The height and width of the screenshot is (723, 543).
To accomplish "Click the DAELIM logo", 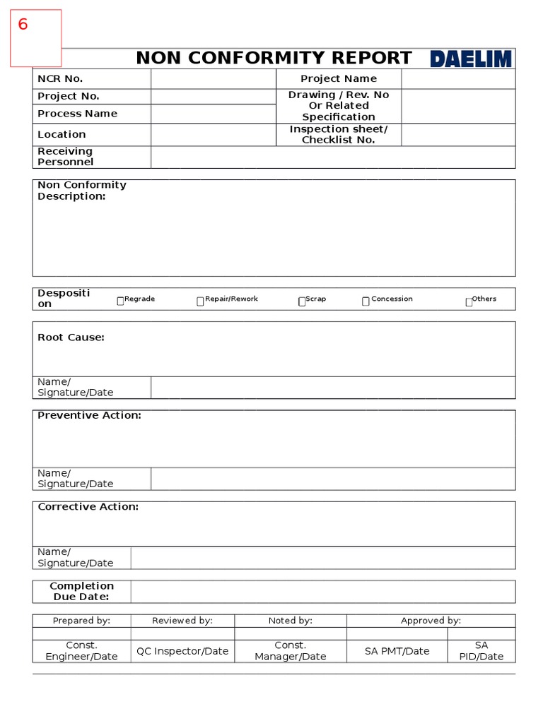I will coord(470,59).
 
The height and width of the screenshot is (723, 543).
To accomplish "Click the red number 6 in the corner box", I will coord(23,25).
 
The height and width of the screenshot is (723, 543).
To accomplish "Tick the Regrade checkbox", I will coord(120,301).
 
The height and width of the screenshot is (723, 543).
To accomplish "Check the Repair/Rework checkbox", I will coord(201,301).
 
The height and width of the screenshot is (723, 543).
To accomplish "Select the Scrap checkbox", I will coord(302,301).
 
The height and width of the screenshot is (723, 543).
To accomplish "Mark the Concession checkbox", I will coord(366,301).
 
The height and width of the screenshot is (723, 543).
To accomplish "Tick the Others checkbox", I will coord(469,301).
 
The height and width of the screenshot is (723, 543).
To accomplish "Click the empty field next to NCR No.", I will coord(213,79).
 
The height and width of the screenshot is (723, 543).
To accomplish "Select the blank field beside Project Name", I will coord(458,79).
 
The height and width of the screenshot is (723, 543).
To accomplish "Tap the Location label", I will coord(62,134).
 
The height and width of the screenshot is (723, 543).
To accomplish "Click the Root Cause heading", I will coord(71,337).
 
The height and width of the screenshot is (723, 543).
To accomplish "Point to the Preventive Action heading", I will coord(89,415).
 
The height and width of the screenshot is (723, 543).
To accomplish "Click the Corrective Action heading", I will coord(88,506).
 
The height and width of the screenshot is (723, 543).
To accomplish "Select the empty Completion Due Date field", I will coord(322,592).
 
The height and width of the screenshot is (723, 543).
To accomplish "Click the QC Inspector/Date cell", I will coord(182,651).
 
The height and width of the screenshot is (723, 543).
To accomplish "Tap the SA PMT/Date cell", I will coord(397,651).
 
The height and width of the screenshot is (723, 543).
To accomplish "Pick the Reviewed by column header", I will coord(182,621).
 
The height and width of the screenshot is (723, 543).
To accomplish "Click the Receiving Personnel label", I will coord(65,157).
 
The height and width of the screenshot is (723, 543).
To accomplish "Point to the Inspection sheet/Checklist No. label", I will coord(338,134).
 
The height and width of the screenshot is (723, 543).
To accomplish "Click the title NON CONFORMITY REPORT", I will coord(274,58).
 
